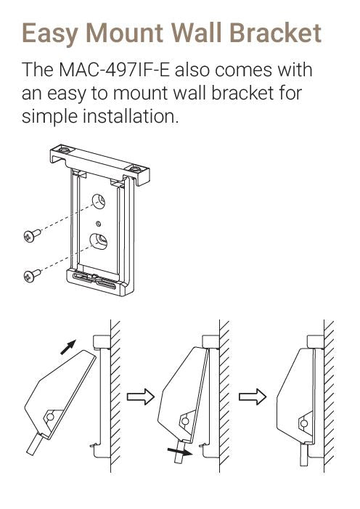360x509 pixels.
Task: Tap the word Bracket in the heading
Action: point(275,33)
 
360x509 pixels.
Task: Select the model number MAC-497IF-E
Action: point(114,70)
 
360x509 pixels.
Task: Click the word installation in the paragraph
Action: point(131,116)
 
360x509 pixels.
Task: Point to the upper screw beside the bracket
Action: point(32,235)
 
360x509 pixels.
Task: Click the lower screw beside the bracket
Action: point(32,274)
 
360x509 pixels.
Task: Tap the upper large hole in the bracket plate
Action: point(99,201)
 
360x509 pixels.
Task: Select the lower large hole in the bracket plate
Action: point(99,241)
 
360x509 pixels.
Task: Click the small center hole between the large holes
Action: point(99,224)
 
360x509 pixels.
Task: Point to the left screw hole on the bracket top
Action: point(64,150)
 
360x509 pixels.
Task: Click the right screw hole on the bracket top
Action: point(136,170)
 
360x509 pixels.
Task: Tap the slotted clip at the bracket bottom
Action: point(94,279)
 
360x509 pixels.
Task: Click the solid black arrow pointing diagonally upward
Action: point(68,347)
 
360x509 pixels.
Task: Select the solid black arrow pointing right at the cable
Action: point(179,451)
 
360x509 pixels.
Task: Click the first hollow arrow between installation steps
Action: point(140,396)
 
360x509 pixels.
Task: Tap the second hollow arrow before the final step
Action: point(253,396)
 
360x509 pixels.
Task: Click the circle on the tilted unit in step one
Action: point(50,417)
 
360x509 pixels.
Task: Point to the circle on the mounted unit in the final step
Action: point(304,423)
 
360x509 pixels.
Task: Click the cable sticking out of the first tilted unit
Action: point(34,444)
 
